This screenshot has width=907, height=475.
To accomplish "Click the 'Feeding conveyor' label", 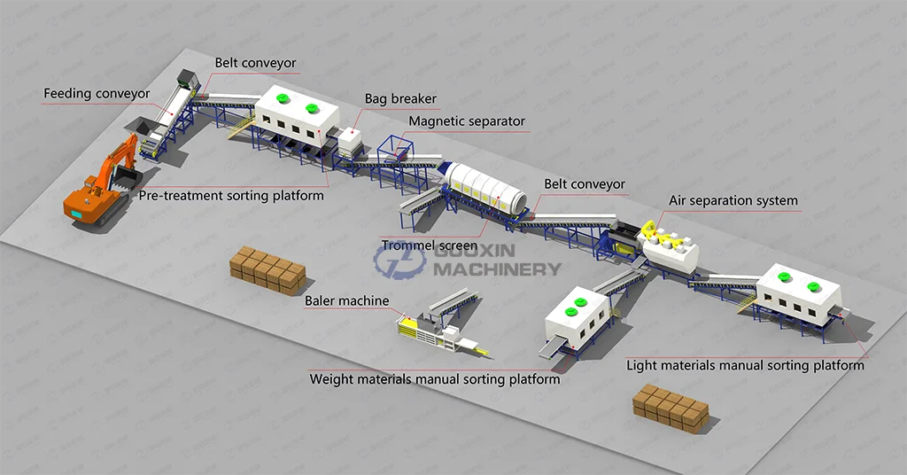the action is (x=97, y=94).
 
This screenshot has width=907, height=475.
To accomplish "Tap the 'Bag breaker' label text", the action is (x=400, y=99).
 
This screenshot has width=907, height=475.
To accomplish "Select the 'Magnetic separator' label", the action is (x=467, y=121).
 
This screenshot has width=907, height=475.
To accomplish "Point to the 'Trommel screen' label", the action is (x=430, y=245).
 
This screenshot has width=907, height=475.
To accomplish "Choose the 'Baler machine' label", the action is (x=347, y=301).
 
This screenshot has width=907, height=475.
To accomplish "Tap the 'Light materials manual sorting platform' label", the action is (x=745, y=365).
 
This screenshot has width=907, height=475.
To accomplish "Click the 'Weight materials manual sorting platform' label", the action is (x=434, y=379).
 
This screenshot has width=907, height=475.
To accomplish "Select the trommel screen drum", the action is (x=484, y=189).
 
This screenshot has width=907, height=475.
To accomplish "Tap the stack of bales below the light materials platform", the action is (x=670, y=409).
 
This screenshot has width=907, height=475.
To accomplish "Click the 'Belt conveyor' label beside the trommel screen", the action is (x=585, y=184).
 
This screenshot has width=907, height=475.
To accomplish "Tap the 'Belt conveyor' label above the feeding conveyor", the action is (x=255, y=63).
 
